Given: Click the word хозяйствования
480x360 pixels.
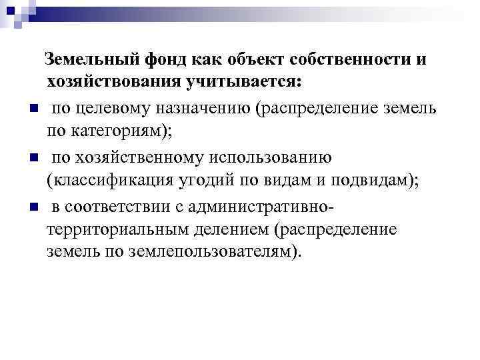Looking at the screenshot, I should (x=117, y=83).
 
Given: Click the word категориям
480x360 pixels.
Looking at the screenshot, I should (x=124, y=131).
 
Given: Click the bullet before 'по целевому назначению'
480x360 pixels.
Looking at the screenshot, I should (x=31, y=109).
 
